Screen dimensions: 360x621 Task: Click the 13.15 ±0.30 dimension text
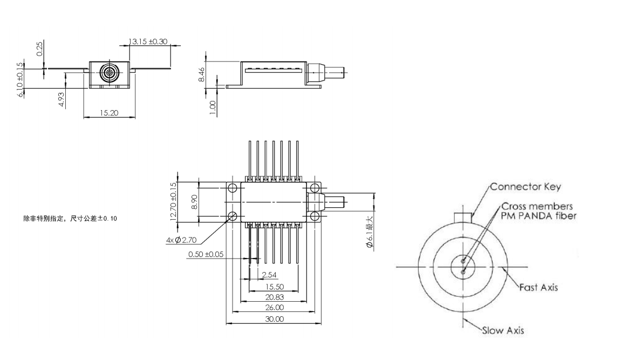point(149,41)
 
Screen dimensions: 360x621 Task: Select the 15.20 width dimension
point(110,113)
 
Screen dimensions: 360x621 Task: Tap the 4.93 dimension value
point(62,100)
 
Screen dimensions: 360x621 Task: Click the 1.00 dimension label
point(213,107)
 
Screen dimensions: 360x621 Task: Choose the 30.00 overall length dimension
point(274,319)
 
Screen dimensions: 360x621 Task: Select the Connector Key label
point(518,187)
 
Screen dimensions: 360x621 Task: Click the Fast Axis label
point(538,287)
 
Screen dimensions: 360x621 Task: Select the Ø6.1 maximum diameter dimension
point(369,232)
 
